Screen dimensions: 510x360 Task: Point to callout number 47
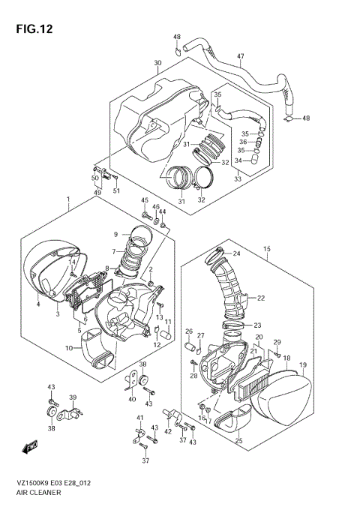pyautogui.click(x=241, y=57)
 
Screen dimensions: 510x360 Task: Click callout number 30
pyautogui.click(x=157, y=63)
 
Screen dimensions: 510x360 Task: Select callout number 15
pyautogui.click(x=266, y=248)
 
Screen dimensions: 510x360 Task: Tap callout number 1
pyautogui.click(x=68, y=200)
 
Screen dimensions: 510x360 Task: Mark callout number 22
pyautogui.click(x=261, y=298)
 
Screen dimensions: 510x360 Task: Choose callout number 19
pyautogui.click(x=303, y=365)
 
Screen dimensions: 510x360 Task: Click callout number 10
pyautogui.click(x=69, y=348)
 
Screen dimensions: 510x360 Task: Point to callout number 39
pyautogui.click(x=73, y=397)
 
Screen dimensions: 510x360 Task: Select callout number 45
pyautogui.click(x=145, y=200)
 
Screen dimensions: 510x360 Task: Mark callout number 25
pyautogui.click(x=238, y=441)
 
